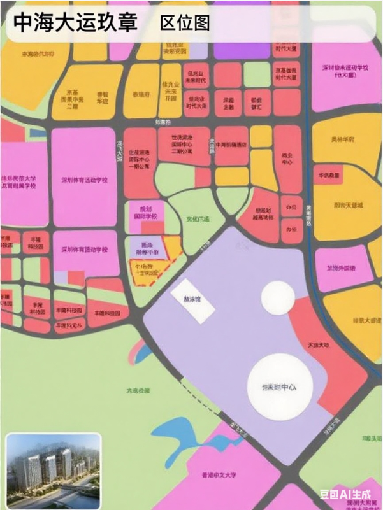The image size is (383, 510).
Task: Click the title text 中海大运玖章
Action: click(x=76, y=23)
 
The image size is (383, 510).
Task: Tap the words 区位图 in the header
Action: click(x=185, y=24)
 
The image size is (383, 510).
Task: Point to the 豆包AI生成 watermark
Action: click(x=344, y=492)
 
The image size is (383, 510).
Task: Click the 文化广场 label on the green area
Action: click(x=198, y=219)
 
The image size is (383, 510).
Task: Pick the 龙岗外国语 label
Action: click(x=341, y=267)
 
